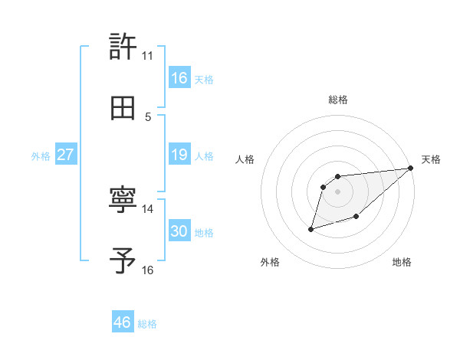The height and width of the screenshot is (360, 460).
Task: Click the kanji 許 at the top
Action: coord(123,47)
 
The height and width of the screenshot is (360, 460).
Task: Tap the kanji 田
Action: coord(123,107)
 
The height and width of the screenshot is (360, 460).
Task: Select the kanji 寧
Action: coord(123,201)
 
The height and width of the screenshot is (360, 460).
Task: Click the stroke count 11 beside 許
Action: coord(147,56)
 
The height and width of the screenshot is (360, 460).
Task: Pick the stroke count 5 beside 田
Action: coord(148,116)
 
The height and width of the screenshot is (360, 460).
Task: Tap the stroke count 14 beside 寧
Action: coord(148,208)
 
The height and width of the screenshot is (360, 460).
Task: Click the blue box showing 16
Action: coord(179,78)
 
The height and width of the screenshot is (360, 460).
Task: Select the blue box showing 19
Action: coord(179,155)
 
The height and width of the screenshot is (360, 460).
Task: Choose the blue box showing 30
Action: coord(179,231)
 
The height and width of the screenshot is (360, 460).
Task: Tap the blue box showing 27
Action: coord(66,155)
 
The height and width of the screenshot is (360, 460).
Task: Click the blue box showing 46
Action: coord(123,322)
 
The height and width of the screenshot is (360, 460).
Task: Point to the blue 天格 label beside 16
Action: coord(204,80)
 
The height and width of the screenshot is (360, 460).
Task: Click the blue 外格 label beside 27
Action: coord(41,156)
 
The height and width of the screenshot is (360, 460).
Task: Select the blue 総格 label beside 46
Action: coord(147,324)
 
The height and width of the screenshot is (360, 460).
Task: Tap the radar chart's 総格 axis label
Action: coord(338,100)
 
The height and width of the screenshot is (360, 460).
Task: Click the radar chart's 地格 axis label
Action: coord(402,263)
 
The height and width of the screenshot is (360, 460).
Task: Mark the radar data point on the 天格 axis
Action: coord(411,168)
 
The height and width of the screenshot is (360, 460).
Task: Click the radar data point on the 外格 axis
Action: coord(310,229)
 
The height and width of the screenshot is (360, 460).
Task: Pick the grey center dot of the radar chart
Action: coord(338,191)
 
